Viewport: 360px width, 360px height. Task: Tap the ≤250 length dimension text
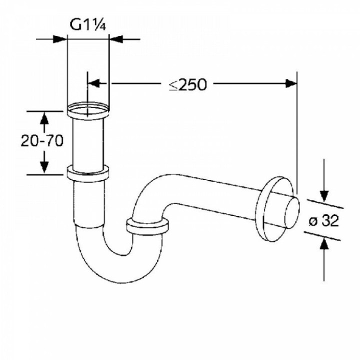(x=187, y=84)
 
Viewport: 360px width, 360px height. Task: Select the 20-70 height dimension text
(x=42, y=141)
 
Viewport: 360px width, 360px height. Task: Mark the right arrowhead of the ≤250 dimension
(x=291, y=83)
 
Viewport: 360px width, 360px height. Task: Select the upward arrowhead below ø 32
(x=324, y=243)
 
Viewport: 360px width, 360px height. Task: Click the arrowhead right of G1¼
(x=115, y=38)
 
